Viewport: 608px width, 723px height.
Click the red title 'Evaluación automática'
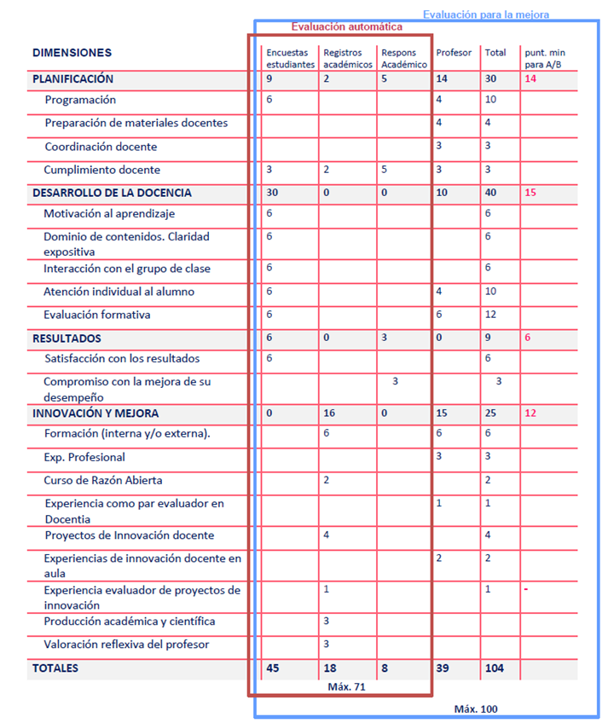pos(346,27)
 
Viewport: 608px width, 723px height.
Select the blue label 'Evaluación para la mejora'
pos(486,14)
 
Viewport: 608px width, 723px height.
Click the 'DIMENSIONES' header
pos(72,53)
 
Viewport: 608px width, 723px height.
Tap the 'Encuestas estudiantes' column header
pos(290,59)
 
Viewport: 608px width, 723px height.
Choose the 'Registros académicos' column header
pos(348,59)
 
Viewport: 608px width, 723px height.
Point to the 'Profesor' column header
pos(454,53)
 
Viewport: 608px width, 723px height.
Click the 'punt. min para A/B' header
pos(545,59)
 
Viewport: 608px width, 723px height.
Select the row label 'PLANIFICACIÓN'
pos(72,79)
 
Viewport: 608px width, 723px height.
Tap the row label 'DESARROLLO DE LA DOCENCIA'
pos(112,193)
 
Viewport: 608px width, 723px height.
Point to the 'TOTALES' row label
pos(55,668)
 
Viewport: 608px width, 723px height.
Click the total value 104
pos(495,668)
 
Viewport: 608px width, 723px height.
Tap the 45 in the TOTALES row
pos(273,668)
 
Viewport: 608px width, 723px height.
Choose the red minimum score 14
pos(530,79)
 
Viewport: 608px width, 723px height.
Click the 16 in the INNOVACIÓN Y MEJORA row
pos(329,414)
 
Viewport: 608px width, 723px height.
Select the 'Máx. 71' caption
pos(347,686)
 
